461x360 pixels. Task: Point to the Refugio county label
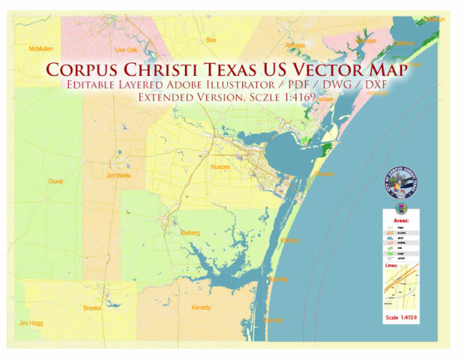[295, 45]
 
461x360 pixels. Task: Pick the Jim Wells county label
[118, 175]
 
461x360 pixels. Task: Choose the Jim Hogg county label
[30, 323]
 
